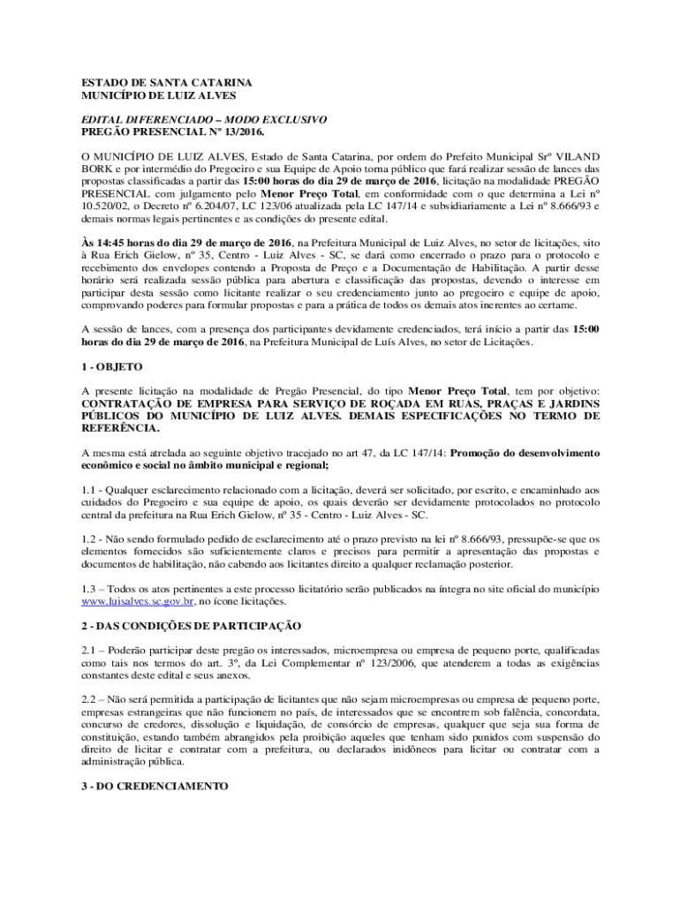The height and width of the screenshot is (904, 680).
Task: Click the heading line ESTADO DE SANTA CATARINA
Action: point(154,81)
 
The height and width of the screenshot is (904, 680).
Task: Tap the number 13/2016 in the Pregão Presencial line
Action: point(222,131)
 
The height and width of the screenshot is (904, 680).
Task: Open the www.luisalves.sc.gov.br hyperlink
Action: point(138,600)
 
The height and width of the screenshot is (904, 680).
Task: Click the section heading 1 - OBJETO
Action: point(111,365)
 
